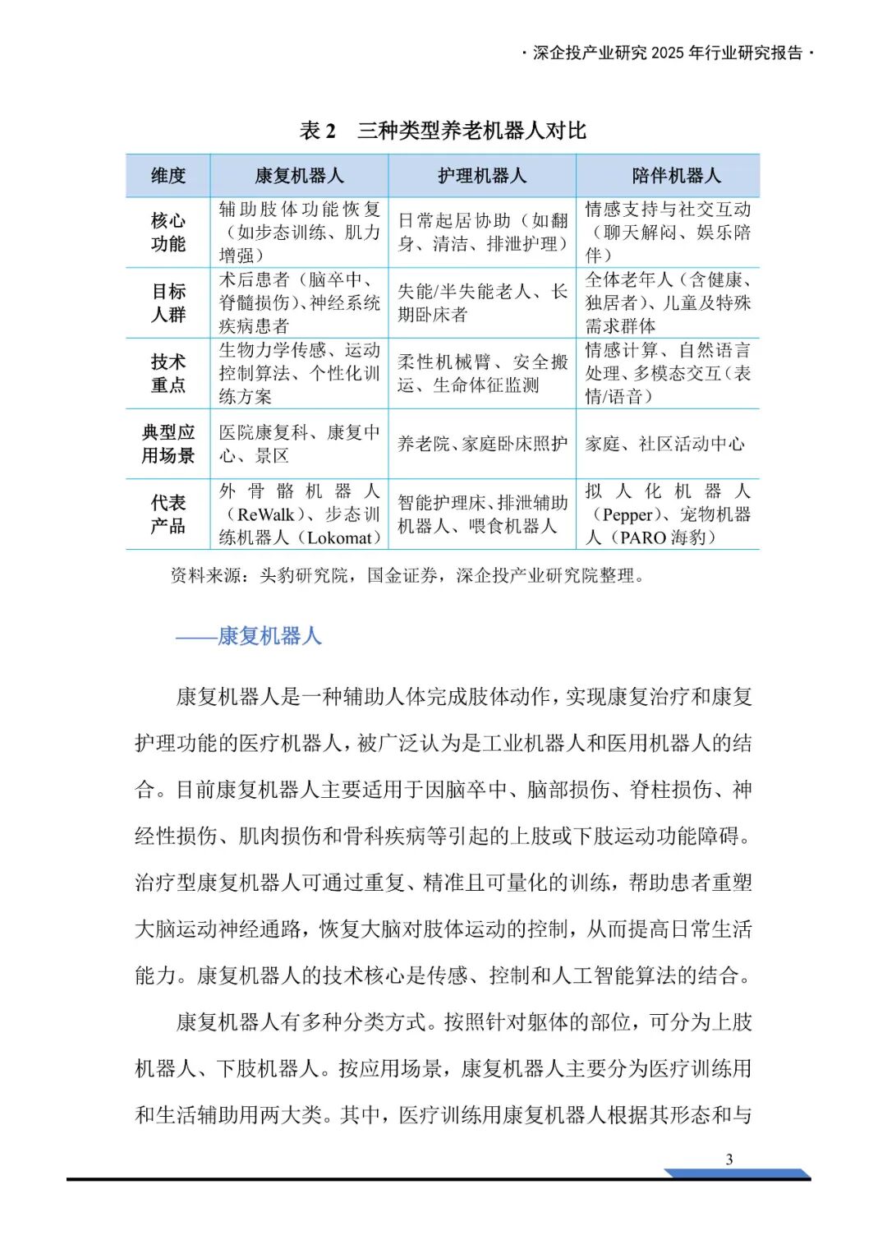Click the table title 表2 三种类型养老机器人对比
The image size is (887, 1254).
coord(443,131)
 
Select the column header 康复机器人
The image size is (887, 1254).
coord(299,176)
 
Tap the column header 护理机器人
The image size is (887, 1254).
coord(482,176)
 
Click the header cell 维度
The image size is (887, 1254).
coord(168,176)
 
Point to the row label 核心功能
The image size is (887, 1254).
coord(168,233)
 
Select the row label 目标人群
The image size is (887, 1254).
coord(168,303)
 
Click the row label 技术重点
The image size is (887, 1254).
coord(168,374)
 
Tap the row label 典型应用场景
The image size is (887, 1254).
coord(168,444)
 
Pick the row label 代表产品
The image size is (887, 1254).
coord(168,514)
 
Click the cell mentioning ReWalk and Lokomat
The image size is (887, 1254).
coord(299,514)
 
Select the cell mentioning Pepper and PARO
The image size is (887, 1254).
coord(668,514)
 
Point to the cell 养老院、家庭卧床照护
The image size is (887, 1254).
coord(482,445)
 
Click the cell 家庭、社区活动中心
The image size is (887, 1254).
coord(664,445)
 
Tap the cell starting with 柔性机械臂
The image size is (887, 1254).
coord(482,374)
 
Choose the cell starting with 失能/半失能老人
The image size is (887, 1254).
coord(482,303)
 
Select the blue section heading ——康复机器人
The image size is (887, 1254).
coord(248,636)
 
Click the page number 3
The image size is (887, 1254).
coord(729,1159)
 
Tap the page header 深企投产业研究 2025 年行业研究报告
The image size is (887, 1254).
coord(668,53)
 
